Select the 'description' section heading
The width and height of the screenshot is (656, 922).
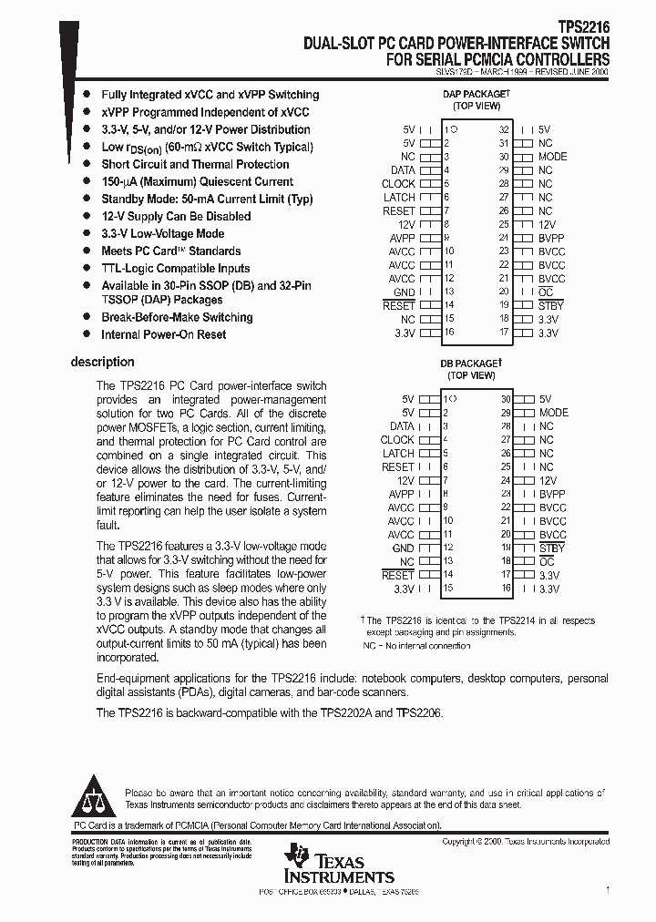coord(102,362)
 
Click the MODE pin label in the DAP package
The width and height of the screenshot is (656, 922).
coord(552,157)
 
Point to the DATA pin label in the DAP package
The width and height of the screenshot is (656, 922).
coord(403,170)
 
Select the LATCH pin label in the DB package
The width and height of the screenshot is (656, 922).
coord(398,454)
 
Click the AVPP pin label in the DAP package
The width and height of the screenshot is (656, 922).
coord(402,239)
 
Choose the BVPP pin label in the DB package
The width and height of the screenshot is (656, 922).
coord(551,494)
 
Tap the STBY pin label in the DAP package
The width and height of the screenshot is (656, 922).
coord(550,306)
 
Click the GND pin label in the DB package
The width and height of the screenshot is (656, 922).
coord(403,548)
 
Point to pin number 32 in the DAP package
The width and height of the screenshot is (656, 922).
coord(504,130)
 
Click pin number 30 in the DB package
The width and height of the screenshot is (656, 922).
coord(505,399)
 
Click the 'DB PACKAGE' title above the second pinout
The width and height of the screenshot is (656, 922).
coord(470,364)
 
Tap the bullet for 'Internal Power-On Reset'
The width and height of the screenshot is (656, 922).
coord(86,334)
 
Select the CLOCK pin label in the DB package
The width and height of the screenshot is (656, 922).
coord(397,440)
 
